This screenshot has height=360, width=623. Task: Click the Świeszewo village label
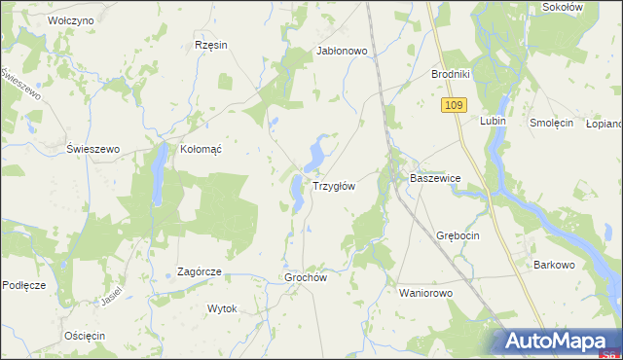click(x=92, y=149)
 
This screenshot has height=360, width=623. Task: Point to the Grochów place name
click(x=305, y=277)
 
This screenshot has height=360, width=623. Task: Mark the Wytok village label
click(x=222, y=308)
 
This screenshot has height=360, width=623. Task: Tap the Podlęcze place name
click(x=24, y=284)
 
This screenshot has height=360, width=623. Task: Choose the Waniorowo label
click(x=426, y=292)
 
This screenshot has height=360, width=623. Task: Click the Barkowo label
click(x=555, y=264)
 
